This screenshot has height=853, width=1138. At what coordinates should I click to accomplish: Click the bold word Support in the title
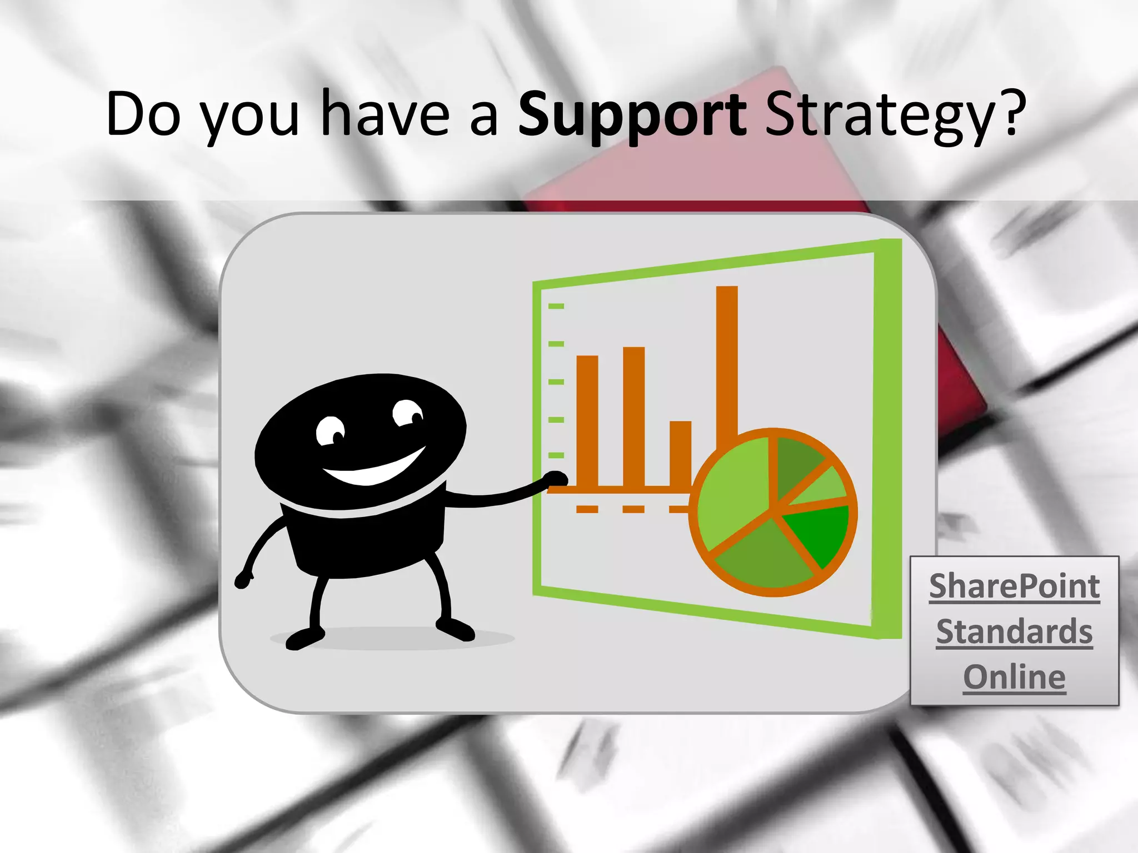click(632, 115)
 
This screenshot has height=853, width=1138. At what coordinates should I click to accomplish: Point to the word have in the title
click(385, 114)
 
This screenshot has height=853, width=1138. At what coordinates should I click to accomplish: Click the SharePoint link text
click(1014, 586)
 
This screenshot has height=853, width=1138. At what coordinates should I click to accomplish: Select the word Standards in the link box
click(1014, 631)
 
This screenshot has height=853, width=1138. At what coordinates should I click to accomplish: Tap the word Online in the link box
click(1014, 677)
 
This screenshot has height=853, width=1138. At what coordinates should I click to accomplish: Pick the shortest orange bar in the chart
click(680, 453)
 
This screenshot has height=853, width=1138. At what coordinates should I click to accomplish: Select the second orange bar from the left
click(634, 417)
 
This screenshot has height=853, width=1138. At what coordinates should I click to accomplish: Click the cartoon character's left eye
click(330, 431)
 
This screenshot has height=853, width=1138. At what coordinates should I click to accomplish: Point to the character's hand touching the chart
click(555, 479)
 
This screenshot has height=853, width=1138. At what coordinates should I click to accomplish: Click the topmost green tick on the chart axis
click(556, 306)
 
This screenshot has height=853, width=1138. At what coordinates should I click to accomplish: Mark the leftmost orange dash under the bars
click(587, 509)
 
